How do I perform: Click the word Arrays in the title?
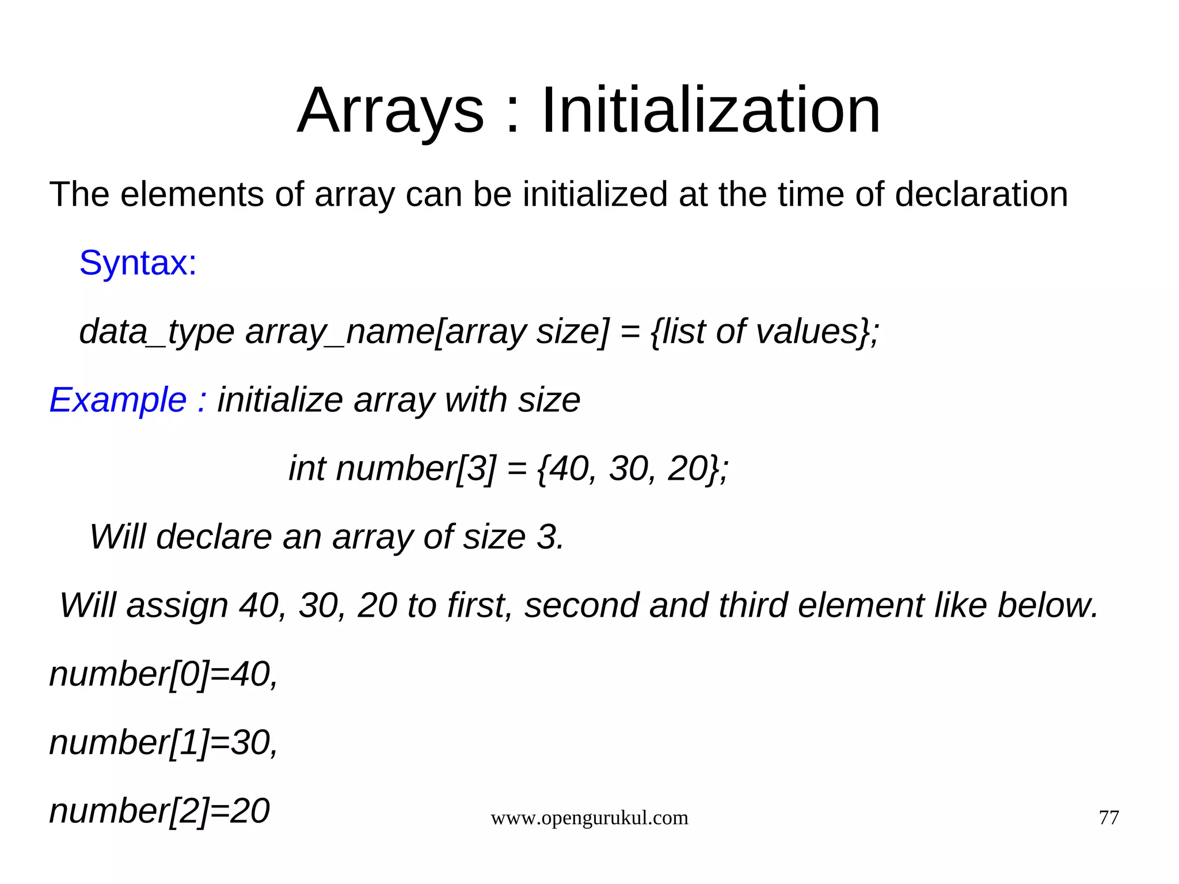[390, 111]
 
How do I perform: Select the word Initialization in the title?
[710, 111]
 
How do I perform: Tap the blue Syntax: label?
[138, 263]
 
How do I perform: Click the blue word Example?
[118, 400]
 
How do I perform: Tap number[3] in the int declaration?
[415, 468]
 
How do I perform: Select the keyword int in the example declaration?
[306, 468]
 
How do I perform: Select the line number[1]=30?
[163, 742]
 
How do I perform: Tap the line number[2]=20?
[159, 811]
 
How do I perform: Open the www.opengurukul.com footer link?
[589, 818]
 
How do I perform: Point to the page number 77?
[1109, 818]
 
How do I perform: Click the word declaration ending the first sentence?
[981, 195]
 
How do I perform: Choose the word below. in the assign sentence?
[1048, 605]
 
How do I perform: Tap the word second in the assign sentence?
[581, 605]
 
